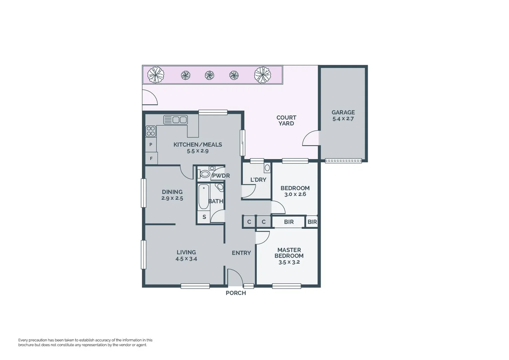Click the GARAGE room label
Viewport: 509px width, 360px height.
[343, 113]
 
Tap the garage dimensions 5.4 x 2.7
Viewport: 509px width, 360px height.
[343, 119]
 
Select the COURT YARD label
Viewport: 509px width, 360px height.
[286, 120]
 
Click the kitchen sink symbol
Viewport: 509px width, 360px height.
[176, 120]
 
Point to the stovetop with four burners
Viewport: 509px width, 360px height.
[151, 131]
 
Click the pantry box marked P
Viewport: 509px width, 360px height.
[151, 145]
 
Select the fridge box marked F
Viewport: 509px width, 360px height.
[151, 158]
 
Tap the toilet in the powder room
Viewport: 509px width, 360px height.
[204, 174]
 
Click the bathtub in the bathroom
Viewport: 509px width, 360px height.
[204, 196]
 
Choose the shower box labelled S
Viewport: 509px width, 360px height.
[204, 217]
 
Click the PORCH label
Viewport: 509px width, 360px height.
[236, 293]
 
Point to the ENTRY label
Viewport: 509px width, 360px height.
[241, 253]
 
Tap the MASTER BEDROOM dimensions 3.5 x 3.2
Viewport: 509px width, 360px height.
[289, 262]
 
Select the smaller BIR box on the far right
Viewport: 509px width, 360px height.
[312, 222]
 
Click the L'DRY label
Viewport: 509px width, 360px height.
[258, 180]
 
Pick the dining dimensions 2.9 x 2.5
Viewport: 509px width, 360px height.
[172, 198]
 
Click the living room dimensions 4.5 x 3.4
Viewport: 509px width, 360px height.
[186, 259]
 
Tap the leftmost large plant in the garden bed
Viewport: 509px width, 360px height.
[156, 75]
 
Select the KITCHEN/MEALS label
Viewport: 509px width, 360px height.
[198, 145]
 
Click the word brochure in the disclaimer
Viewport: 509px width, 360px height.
[26, 345]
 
